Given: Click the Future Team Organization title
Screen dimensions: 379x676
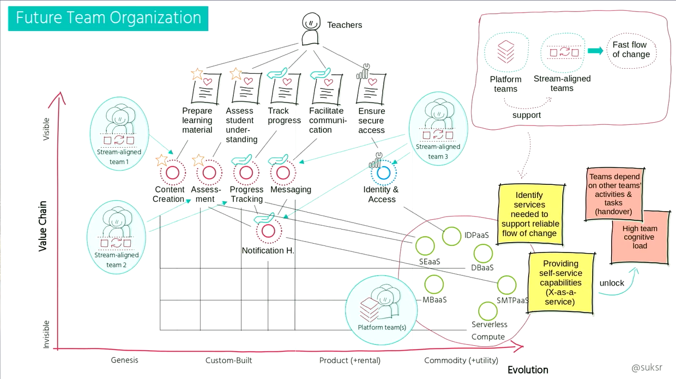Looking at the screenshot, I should click(108, 18).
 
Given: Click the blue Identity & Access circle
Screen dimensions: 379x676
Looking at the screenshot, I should click(383, 173).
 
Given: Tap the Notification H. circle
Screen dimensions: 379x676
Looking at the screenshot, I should click(268, 231).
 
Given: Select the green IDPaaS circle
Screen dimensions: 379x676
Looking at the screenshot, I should click(451, 236).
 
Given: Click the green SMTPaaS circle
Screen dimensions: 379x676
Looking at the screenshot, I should click(506, 285).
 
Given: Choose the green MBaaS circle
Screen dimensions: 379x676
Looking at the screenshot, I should click(434, 284).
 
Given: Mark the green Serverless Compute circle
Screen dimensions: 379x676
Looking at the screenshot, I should click(487, 311).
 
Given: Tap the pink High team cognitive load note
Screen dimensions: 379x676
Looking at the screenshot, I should click(639, 237).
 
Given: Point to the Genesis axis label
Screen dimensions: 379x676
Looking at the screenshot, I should click(124, 360).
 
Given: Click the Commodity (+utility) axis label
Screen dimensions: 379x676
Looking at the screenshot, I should click(460, 360).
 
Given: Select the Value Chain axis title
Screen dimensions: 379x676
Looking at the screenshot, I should click(43, 226).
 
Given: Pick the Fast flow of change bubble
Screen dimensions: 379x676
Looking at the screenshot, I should click(631, 50).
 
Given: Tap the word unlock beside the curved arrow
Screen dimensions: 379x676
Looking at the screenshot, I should click(612, 283).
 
